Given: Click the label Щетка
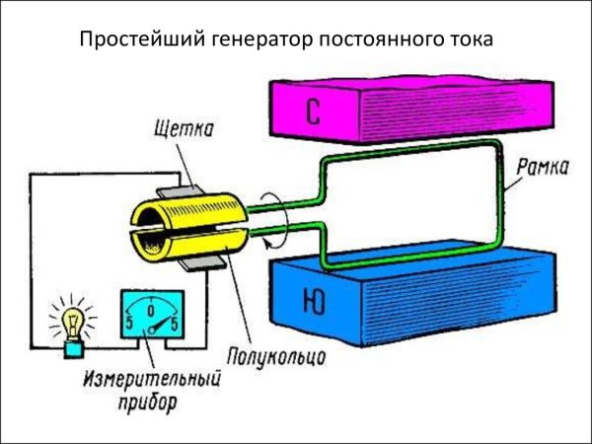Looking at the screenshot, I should coord(185,129).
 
